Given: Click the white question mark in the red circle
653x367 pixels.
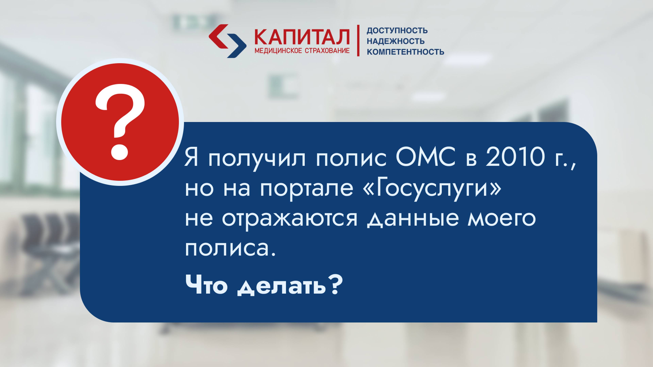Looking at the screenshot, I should [120, 122].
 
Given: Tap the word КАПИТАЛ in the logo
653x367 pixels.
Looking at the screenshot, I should [302, 37].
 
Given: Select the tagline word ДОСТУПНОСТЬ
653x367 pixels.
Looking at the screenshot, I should [397, 31].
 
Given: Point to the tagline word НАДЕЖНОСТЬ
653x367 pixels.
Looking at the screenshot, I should [395, 41].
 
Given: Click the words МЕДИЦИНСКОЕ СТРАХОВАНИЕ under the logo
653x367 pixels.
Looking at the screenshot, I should [302, 51].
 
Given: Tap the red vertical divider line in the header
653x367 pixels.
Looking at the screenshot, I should [358, 41].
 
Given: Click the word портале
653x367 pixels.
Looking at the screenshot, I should [306, 189].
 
